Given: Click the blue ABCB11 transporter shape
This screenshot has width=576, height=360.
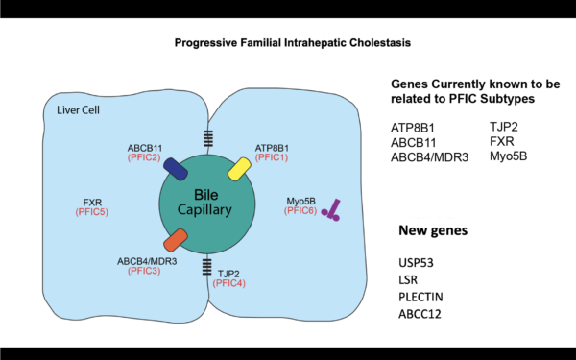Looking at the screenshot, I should coord(174,169).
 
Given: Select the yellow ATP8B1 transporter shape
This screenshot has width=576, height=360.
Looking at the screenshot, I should coord(238,169).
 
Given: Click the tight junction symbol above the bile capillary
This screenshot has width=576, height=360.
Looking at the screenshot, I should coord(205,139).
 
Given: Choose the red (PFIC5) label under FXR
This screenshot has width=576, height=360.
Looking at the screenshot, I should coord(93,212).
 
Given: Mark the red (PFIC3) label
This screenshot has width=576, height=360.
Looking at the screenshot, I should coord(145,272).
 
